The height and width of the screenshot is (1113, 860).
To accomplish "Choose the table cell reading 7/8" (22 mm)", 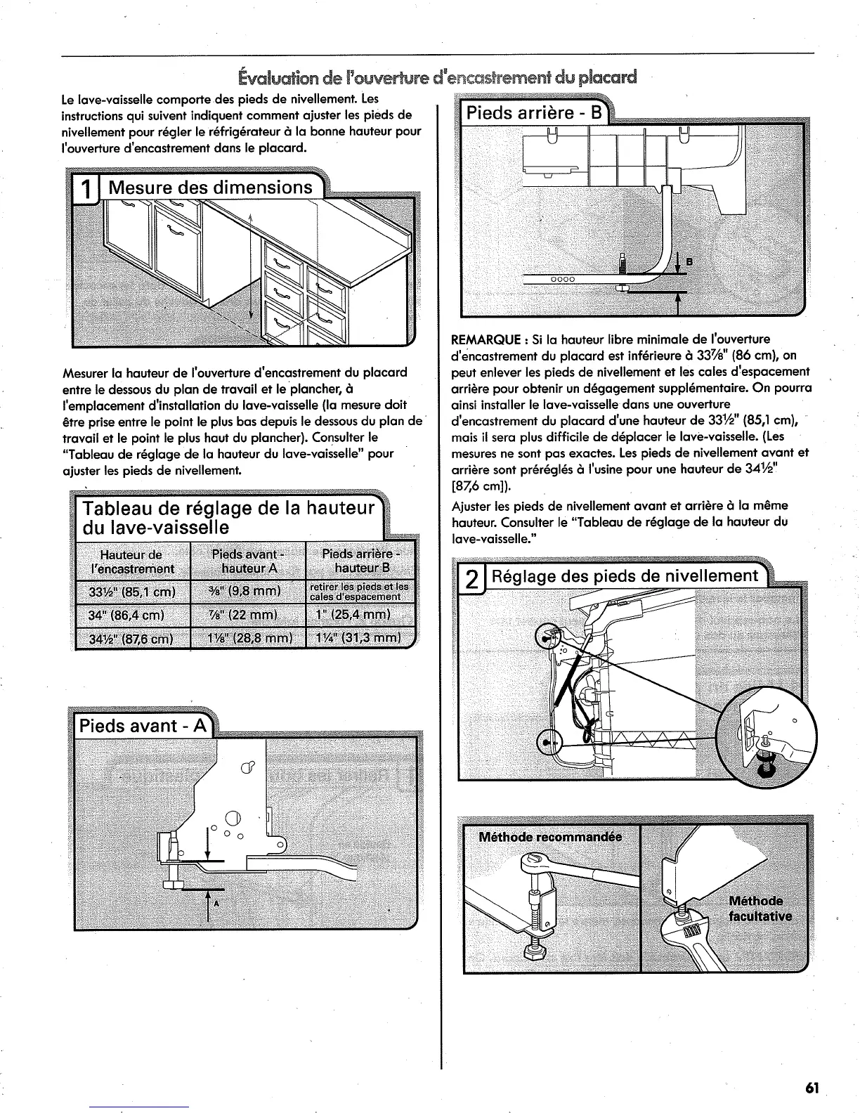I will point(247,617).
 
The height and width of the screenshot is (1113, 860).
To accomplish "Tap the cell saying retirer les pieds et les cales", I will point(361,592).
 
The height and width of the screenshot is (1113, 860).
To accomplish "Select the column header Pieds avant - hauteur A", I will point(247,560).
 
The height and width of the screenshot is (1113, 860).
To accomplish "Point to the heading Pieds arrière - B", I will point(532,113).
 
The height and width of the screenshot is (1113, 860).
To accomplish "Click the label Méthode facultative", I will point(760,909).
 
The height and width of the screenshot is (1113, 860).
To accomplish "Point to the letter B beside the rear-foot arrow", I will point(689,262).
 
